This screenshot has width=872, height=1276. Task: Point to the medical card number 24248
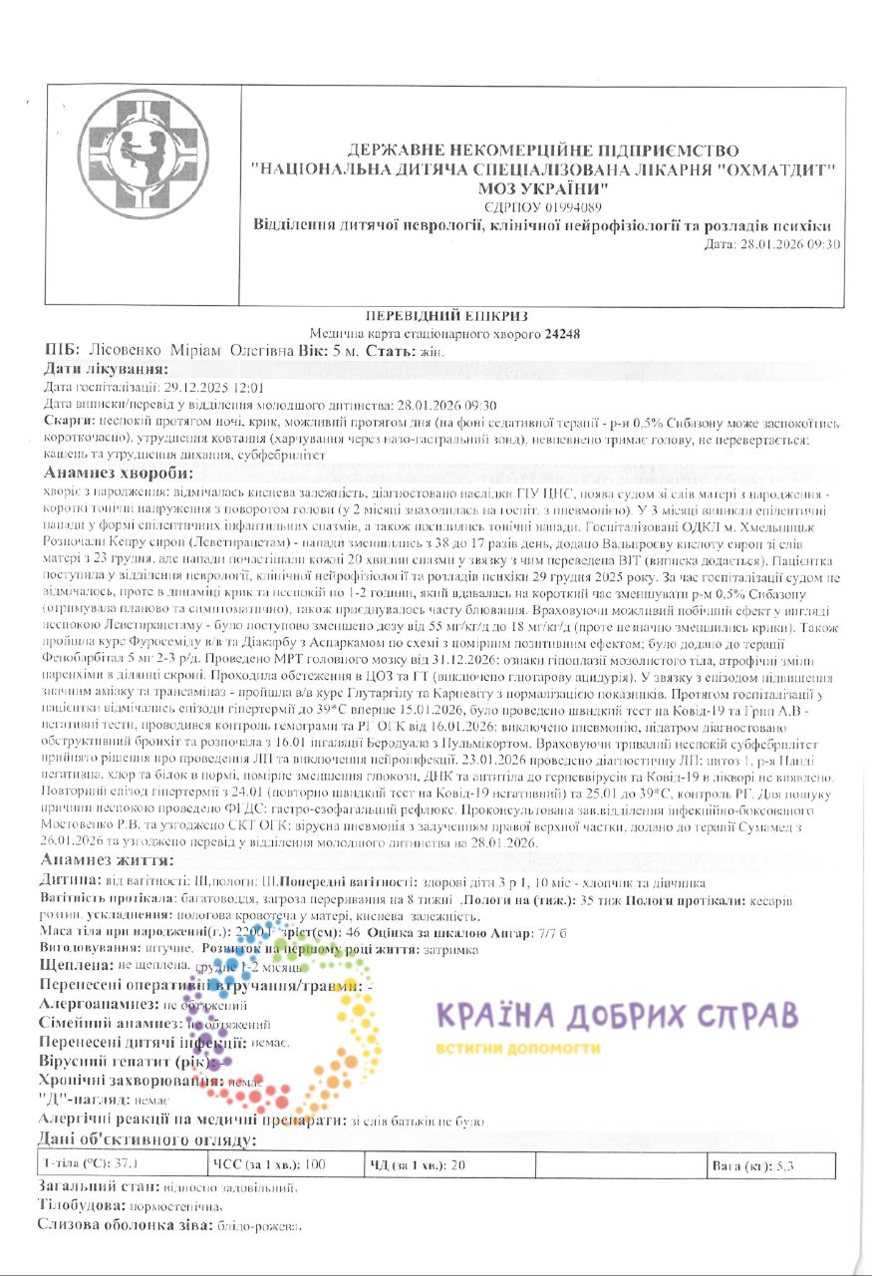tap(562, 334)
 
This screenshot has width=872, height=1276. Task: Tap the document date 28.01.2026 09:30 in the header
tap(772, 243)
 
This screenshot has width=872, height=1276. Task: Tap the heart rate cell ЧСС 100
tap(269, 1164)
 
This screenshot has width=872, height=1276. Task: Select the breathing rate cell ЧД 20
tap(419, 1164)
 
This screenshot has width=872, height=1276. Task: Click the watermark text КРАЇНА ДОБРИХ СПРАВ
tap(617, 1017)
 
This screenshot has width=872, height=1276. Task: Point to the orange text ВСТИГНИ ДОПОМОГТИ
tap(518, 1049)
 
